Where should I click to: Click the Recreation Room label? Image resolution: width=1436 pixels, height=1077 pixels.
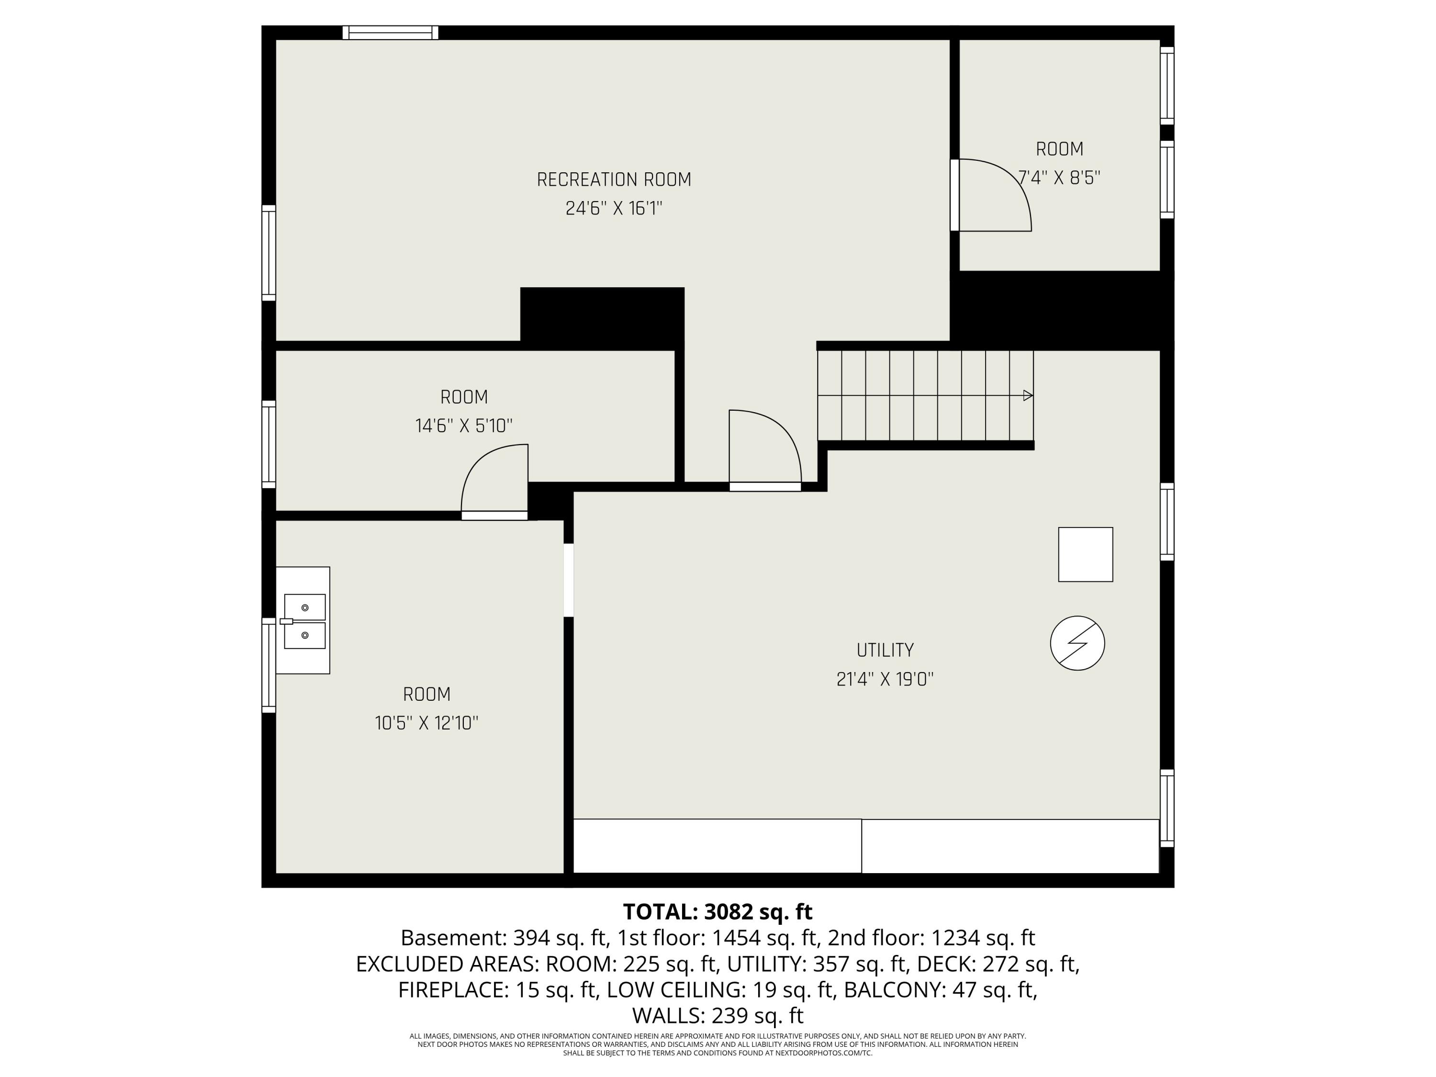point(614,180)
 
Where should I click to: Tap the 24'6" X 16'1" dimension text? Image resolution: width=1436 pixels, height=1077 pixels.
point(614,208)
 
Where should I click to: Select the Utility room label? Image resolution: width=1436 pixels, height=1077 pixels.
point(885,650)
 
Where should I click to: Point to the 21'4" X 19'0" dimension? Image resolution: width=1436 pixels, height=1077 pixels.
point(885,679)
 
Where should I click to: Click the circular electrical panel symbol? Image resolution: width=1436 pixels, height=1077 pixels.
point(1077,643)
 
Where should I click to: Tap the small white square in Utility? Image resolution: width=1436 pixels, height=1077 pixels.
point(1086,554)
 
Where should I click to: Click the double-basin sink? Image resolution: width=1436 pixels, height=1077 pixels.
point(304,621)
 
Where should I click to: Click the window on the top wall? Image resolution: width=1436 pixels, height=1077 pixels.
point(390,33)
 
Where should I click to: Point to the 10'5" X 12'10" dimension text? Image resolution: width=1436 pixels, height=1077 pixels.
point(426,723)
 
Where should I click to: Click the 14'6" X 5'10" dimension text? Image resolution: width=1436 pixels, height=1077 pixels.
point(463,426)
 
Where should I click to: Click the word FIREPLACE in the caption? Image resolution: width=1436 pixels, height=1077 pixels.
point(452,989)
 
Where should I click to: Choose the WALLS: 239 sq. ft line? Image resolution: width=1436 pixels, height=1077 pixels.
point(718,1015)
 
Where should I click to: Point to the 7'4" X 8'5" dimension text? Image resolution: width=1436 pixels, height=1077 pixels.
point(1059,178)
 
